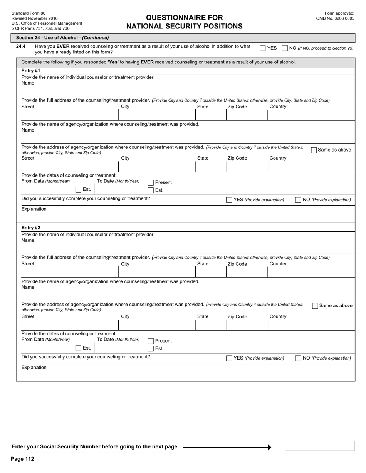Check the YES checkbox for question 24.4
point(262,48)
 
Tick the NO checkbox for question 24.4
point(285,48)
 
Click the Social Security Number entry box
point(319,446)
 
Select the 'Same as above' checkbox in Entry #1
point(314,150)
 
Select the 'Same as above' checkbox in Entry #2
point(315,306)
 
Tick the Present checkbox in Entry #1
point(151,183)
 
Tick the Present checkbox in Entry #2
point(151,341)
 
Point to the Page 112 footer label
point(23,459)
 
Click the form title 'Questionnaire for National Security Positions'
point(184,22)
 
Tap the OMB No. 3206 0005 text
point(335,18)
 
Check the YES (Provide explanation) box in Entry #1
point(229,200)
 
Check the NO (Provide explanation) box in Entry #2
point(298,358)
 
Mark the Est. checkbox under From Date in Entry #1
point(78,190)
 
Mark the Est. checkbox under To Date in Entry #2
point(151,349)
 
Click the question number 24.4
point(21,47)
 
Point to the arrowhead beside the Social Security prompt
point(269,447)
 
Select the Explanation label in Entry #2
point(34,368)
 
